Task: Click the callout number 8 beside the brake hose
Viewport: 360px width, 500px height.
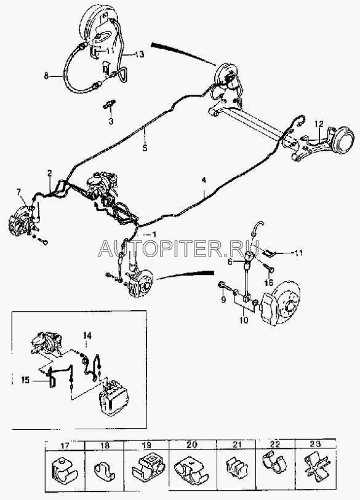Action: point(46,76)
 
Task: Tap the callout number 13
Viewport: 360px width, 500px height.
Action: point(139,55)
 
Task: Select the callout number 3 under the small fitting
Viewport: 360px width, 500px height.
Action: point(111,122)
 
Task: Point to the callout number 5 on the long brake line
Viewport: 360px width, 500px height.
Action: point(145,148)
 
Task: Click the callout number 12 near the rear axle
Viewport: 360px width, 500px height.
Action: point(319,124)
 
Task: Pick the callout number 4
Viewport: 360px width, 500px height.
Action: point(204,180)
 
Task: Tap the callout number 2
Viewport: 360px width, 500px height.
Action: point(49,173)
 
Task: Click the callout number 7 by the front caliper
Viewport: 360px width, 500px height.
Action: point(19,192)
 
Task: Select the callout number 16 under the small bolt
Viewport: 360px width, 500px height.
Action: point(269,282)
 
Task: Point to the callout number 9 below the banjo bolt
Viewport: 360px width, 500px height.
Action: point(223,300)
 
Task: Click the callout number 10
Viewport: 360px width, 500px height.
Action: point(244,320)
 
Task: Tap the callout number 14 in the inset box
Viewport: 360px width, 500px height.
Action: point(87,335)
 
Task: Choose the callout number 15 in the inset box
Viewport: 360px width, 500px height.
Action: point(25,380)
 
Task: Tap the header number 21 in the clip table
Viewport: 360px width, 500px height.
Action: point(236,445)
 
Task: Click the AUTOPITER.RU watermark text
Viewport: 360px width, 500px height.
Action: point(178,248)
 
